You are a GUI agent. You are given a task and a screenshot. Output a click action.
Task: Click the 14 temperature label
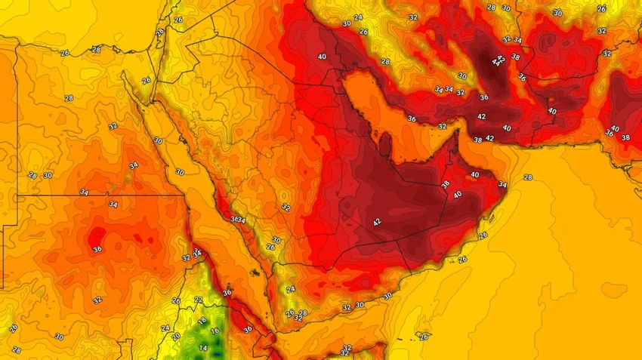(x=202, y=347)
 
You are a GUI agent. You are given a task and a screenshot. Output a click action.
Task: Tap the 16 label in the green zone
(x=214, y=331)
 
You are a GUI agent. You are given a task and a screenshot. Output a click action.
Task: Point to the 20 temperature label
(x=176, y=337)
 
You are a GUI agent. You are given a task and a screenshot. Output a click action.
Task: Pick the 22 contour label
(x=198, y=300)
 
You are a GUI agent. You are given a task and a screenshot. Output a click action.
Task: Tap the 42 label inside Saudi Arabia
(x=377, y=222)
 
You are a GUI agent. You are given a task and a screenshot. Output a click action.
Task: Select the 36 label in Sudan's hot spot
(x=97, y=249)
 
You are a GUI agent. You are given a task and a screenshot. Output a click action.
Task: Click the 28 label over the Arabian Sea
(x=527, y=177)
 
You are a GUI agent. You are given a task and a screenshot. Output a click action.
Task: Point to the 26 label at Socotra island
(x=424, y=337)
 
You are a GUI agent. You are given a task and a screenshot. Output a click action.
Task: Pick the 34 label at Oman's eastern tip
(x=502, y=185)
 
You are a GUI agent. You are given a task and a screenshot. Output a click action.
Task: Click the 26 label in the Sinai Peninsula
(x=146, y=80)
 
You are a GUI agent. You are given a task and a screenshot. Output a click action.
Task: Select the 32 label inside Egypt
(x=113, y=126)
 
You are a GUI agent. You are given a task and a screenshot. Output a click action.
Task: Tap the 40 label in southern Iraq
(x=322, y=57)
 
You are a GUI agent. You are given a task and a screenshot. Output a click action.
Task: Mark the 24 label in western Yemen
(x=291, y=289)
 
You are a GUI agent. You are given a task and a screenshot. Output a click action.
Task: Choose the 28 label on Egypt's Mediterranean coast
(x=96, y=50)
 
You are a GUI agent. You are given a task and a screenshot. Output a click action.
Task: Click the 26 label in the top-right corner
(x=601, y=8)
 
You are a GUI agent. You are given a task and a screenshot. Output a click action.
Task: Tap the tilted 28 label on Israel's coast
(x=160, y=32)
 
